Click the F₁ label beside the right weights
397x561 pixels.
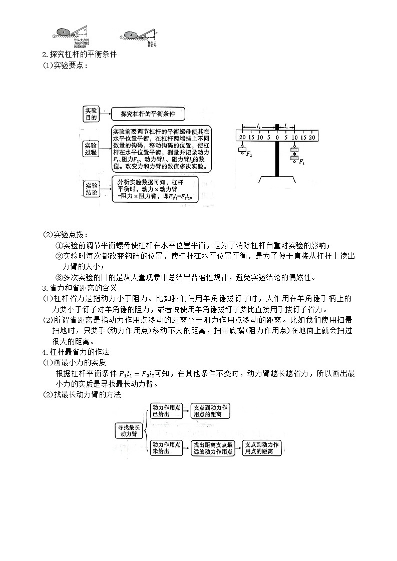coord(301,162)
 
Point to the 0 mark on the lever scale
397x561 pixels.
coord(276,137)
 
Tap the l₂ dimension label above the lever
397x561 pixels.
coord(258,126)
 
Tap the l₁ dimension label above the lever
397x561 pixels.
coord(285,126)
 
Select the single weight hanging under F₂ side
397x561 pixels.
coord(242,151)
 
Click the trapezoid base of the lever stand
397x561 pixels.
coord(276,181)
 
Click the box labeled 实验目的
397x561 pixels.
coord(91,114)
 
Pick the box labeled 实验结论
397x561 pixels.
coord(91,189)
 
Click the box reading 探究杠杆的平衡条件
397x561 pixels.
coord(148,114)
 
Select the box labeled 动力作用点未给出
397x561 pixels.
coord(167,447)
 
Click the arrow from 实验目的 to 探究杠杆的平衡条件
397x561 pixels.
coord(105,115)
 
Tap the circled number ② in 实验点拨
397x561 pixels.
coord(58,256)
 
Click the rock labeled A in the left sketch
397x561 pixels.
coord(66,32)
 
